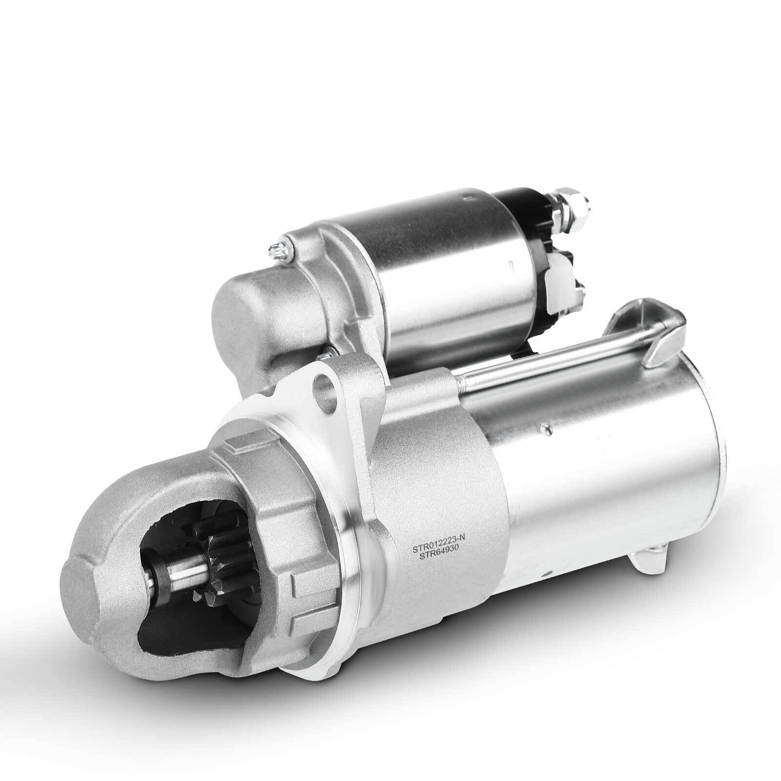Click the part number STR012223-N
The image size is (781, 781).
coord(438,549)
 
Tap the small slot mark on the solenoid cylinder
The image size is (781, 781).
coord(510,267)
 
